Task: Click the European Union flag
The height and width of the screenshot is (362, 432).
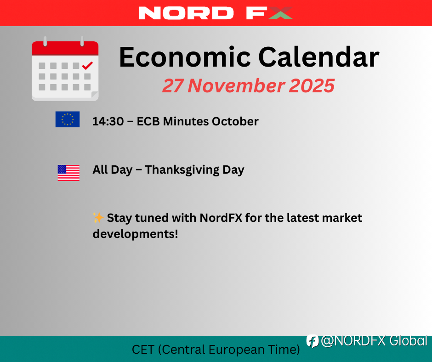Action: click(68, 119)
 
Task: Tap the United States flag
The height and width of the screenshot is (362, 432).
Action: click(68, 173)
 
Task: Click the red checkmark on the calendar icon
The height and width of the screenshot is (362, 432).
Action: click(88, 66)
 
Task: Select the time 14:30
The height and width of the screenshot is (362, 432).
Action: click(108, 121)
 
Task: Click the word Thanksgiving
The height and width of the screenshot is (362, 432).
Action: click(182, 170)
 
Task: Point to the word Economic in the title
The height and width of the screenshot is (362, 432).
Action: click(185, 57)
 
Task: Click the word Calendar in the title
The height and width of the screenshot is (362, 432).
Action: click(319, 57)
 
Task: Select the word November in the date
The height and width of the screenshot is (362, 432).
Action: click(236, 86)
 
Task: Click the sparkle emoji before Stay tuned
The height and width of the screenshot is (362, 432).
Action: click(98, 218)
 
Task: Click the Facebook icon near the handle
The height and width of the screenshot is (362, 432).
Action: click(313, 341)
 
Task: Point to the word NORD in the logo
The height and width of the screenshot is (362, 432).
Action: click(186, 13)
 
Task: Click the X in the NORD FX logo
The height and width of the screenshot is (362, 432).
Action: click(280, 13)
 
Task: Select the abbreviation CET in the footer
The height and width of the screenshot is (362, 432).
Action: click(143, 350)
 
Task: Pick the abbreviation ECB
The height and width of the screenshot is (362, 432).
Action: click(148, 121)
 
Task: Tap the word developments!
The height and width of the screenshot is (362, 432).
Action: click(135, 234)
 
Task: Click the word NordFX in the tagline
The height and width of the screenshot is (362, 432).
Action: click(221, 218)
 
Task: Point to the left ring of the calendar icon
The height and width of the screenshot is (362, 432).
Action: click(45, 41)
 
